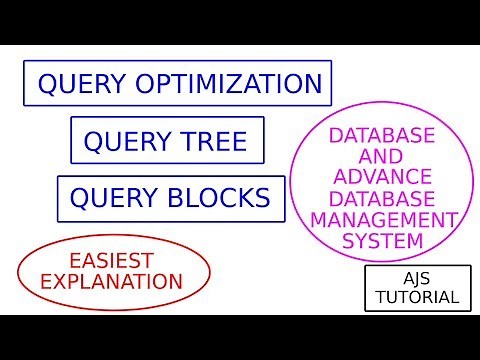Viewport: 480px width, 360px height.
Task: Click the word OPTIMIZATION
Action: point(233,84)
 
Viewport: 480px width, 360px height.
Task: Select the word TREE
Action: point(212,141)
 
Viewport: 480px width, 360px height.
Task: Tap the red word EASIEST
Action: point(114,258)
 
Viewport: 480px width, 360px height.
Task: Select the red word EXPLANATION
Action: point(114,280)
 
